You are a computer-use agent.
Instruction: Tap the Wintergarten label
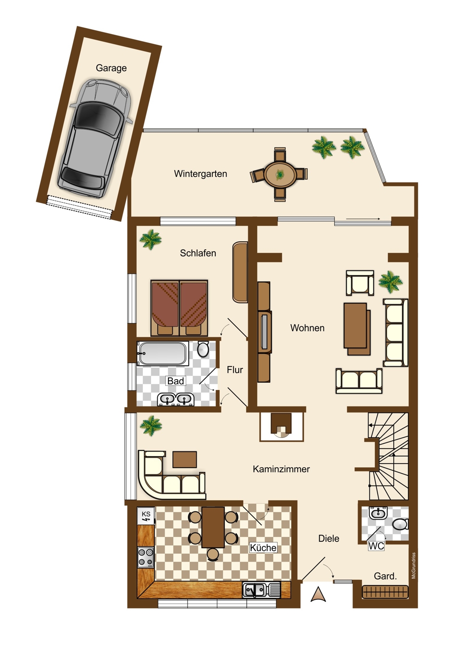click(x=200, y=174)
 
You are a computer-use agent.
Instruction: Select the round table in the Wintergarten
click(x=280, y=174)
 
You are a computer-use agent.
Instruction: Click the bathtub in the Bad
click(x=163, y=354)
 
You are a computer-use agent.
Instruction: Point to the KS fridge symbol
click(x=146, y=515)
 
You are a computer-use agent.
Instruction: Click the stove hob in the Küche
click(x=145, y=557)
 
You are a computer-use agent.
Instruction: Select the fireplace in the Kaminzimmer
click(x=281, y=427)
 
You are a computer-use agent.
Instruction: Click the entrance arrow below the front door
click(x=318, y=594)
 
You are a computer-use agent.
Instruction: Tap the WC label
click(x=376, y=546)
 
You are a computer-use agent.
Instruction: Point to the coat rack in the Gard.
click(x=385, y=592)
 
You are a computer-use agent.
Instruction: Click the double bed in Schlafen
click(x=179, y=308)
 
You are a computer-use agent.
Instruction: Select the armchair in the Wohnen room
click(x=360, y=283)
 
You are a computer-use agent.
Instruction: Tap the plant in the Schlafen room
click(x=150, y=239)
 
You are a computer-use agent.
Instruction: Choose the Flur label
click(x=235, y=370)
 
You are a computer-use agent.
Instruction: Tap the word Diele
click(x=329, y=539)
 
